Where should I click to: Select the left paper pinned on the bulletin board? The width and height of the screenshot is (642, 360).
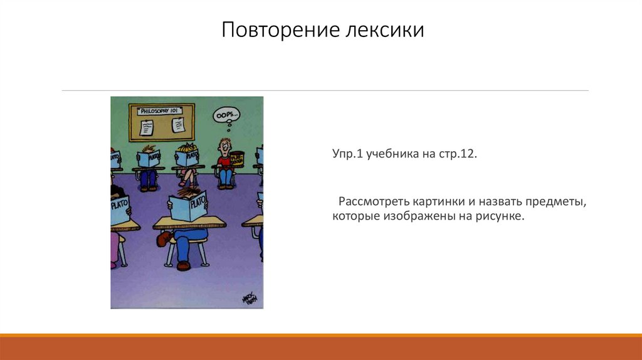pyautogui.click(x=147, y=127)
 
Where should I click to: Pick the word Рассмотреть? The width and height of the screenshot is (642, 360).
pyautogui.click(x=374, y=202)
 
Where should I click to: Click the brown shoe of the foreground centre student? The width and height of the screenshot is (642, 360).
pyautogui.click(x=183, y=266)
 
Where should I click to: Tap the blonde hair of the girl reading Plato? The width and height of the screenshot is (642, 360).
pyautogui.click(x=187, y=149)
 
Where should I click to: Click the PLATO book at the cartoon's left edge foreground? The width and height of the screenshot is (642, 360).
pyautogui.click(x=119, y=204)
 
